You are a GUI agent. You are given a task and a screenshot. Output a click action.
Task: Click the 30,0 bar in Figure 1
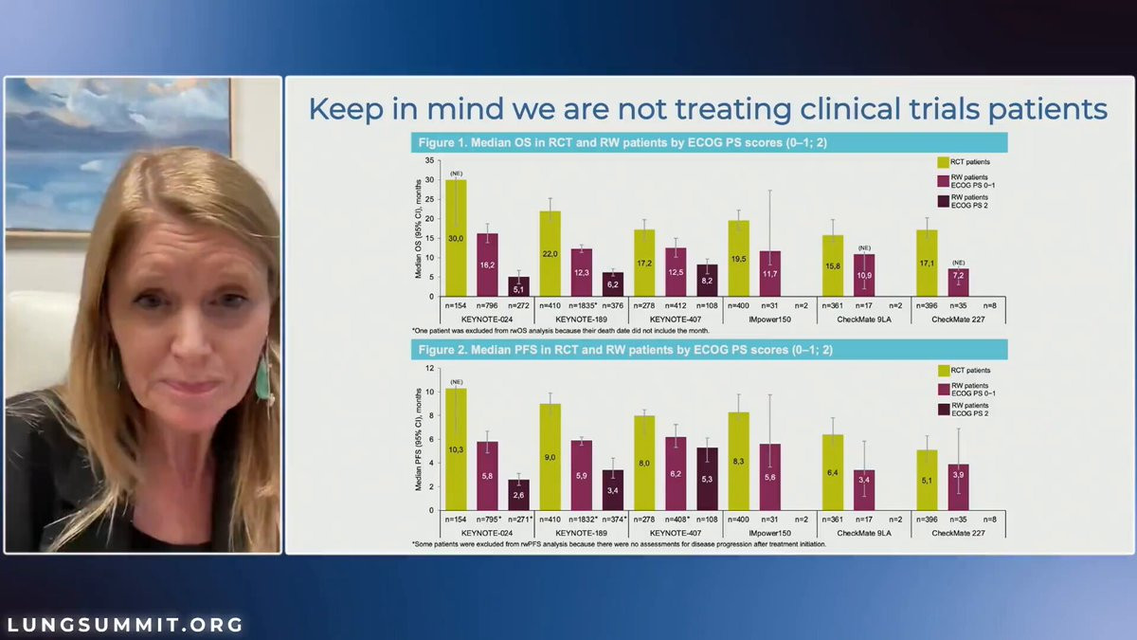pos(455,238)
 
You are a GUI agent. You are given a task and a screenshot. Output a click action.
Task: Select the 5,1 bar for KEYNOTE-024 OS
pos(518,286)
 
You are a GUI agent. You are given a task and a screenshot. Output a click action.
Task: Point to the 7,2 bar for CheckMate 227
pos(958,283)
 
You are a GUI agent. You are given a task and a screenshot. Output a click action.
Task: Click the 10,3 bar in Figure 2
pos(455,449)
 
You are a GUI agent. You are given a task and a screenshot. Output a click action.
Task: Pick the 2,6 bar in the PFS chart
pos(518,495)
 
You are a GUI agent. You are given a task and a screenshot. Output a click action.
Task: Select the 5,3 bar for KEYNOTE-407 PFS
pos(708,479)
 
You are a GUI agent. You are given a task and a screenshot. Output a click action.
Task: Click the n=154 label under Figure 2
pos(455,521)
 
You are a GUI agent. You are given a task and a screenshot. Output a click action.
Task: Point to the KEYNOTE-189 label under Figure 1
pos(581,320)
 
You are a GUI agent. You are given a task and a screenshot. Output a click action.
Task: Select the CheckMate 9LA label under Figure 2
pos(863,533)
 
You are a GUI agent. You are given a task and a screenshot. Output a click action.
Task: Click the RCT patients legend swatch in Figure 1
pos(944,162)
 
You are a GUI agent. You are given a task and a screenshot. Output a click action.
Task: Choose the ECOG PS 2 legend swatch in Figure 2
pos(944,409)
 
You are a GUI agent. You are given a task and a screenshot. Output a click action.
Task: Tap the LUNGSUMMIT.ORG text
pos(125,626)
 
